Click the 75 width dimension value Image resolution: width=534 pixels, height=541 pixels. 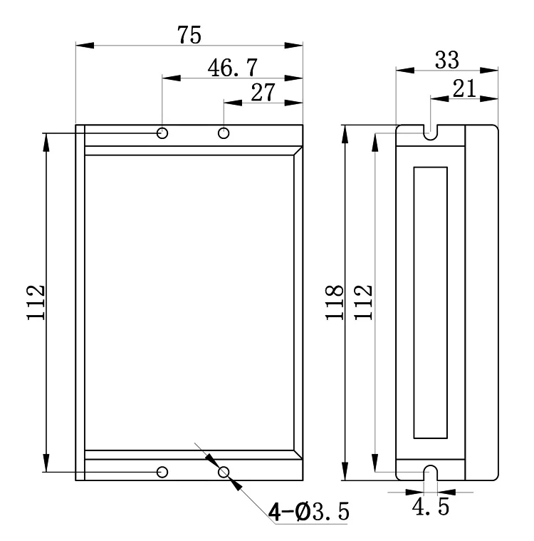[189, 35]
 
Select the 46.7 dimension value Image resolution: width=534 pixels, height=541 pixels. [233, 68]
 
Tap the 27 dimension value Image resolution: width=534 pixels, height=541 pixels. [263, 92]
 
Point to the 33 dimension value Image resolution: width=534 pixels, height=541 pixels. [447, 60]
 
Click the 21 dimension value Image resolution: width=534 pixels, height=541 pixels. [464, 88]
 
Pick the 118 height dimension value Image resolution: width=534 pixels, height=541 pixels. [335, 303]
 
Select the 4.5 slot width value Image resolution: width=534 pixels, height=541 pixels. [431, 507]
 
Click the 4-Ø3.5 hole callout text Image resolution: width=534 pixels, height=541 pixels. [308, 511]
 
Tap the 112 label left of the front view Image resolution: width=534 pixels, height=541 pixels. [36, 303]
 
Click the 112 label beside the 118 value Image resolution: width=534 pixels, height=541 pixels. [363, 303]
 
